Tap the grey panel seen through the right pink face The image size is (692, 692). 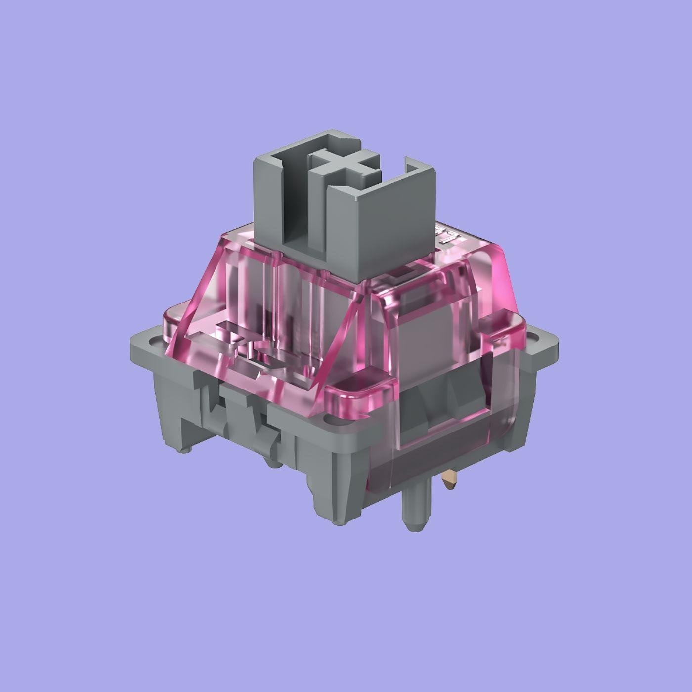point(430,336)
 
